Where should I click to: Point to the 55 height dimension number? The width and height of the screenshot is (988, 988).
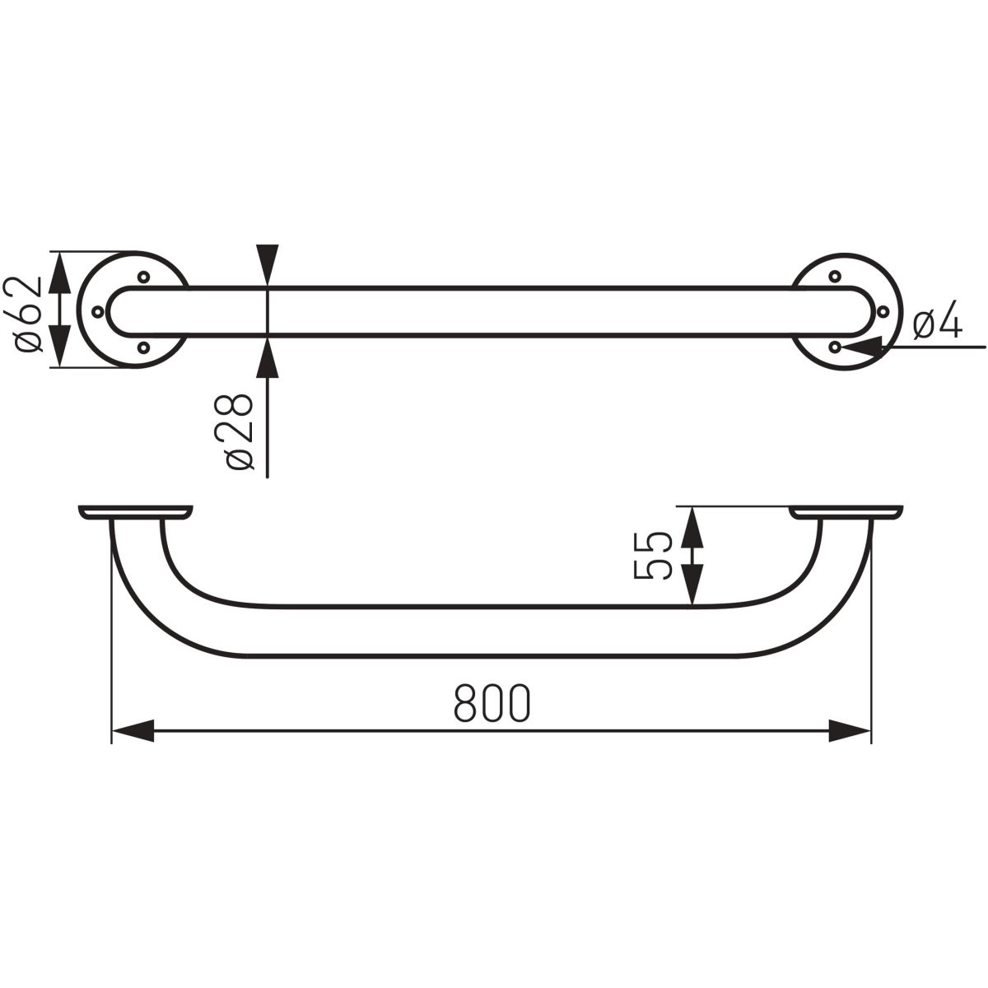pyautogui.click(x=653, y=557)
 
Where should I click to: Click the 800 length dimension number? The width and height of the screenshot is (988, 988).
pyautogui.click(x=492, y=703)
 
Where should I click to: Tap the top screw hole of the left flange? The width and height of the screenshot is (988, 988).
pyautogui.click(x=143, y=277)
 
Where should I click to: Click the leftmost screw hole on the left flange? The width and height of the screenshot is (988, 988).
pyautogui.click(x=97, y=310)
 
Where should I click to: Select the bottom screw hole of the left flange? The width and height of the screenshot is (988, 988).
pyautogui.click(x=143, y=347)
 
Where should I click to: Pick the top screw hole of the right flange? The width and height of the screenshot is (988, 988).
pyautogui.click(x=835, y=277)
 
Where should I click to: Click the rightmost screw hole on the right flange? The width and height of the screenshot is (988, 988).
pyautogui.click(x=883, y=310)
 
